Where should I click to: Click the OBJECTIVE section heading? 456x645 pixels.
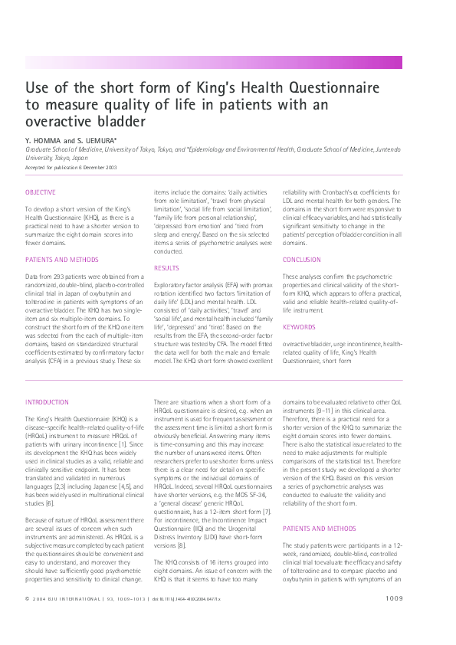(40, 192)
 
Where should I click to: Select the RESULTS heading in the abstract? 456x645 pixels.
(166, 268)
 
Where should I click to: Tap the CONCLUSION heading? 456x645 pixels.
(301, 260)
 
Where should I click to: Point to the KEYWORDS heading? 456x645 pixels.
(298, 327)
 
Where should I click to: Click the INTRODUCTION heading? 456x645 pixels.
(47, 402)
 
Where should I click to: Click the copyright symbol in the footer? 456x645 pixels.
(27, 620)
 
